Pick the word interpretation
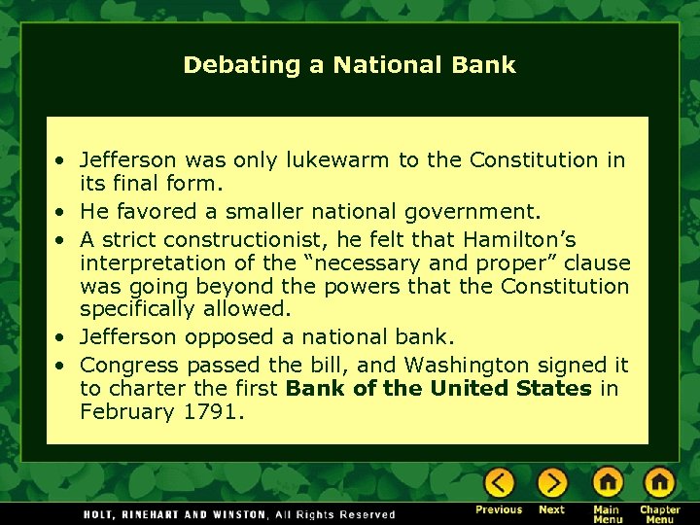(148, 263)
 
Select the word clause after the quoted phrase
(598, 263)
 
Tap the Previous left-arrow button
(499, 482)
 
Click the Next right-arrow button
(551, 482)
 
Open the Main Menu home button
(607, 482)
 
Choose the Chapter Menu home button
(659, 482)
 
